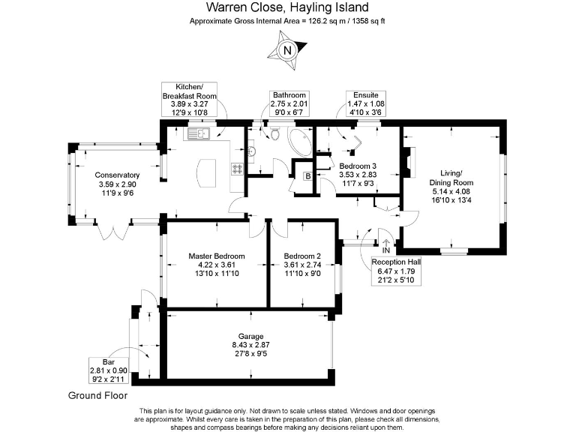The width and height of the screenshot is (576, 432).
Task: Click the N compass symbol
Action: [287, 50]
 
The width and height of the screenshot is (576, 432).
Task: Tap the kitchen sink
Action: [198, 133]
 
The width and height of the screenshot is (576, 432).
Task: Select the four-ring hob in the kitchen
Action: [237, 169]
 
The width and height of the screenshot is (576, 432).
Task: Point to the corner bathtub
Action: [300, 142]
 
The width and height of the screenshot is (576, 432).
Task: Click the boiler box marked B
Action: [307, 176]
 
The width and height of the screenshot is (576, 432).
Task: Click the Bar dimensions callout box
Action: [109, 370]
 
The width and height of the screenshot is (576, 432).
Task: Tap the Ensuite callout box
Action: [366, 103]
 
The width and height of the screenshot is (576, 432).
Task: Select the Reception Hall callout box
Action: [396, 271]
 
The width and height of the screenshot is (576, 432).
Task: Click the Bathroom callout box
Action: [289, 103]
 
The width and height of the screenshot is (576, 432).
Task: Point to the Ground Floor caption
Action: [98, 396]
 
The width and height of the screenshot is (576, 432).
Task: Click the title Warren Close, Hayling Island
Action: [287, 7]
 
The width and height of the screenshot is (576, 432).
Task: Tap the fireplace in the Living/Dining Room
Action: [408, 162]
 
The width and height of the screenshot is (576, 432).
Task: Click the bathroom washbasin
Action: [252, 151]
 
